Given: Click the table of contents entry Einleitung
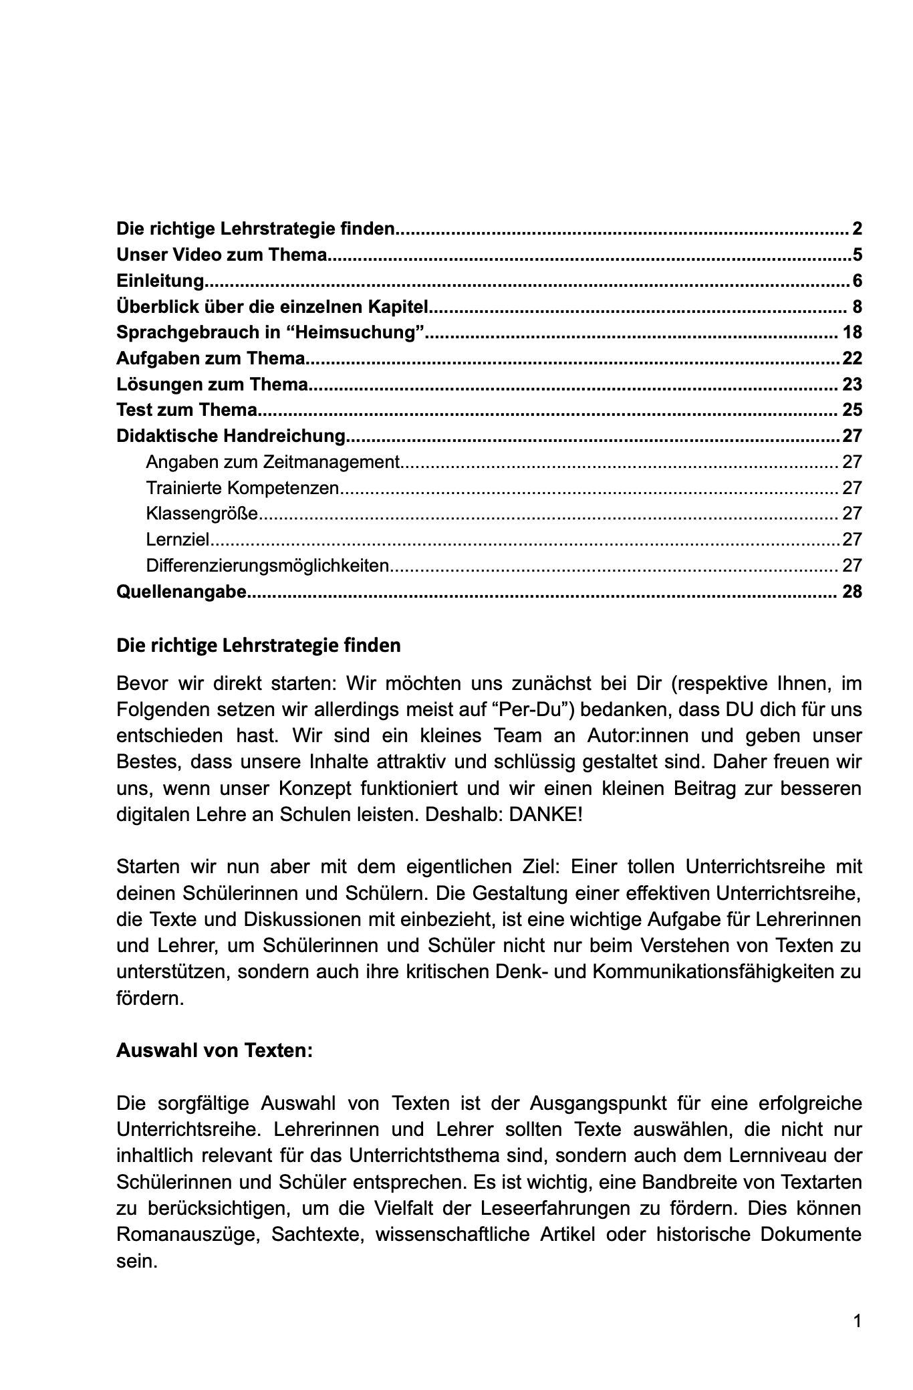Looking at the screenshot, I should [160, 281].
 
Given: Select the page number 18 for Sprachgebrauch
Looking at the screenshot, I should [852, 332].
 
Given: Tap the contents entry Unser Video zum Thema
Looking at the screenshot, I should [222, 255].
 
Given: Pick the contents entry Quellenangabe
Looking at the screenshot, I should [181, 592].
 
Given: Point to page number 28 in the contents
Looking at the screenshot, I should [852, 592].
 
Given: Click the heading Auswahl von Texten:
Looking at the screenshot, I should [214, 1050].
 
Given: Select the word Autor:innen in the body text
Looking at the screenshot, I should [633, 735].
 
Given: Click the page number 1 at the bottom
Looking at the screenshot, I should [857, 1321].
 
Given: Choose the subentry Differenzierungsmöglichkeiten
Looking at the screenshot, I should [267, 566].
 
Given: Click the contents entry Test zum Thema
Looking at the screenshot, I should [186, 410].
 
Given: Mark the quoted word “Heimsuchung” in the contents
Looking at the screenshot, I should [372, 332].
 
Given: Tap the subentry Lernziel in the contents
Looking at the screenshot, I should [178, 540].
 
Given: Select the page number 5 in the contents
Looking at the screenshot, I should [857, 255].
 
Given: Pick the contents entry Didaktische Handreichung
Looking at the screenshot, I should [231, 436].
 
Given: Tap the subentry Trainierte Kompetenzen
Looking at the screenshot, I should [243, 487].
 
